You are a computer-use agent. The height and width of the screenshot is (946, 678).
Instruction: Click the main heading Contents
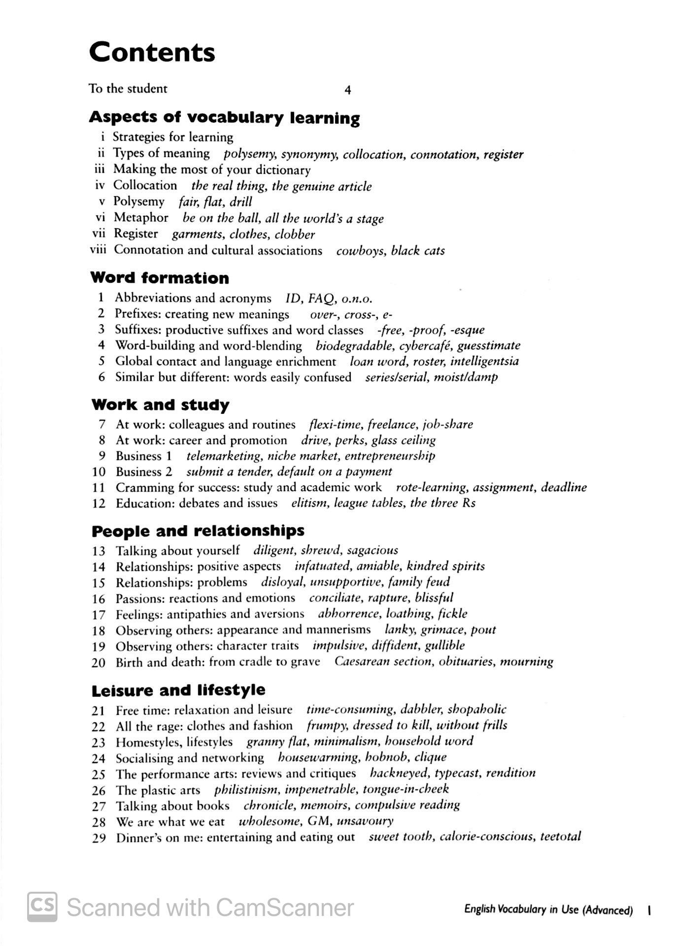click(152, 52)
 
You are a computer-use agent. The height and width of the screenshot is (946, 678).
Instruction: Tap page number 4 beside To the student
click(347, 90)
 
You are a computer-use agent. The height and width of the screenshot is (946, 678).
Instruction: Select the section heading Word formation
click(160, 278)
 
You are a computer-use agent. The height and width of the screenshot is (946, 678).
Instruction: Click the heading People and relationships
click(198, 531)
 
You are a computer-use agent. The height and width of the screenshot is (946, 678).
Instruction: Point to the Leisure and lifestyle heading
click(178, 690)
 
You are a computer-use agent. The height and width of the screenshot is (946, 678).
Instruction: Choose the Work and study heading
click(160, 405)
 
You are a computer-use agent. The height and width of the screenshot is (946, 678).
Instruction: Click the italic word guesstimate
click(488, 346)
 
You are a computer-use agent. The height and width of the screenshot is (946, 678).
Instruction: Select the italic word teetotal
click(561, 837)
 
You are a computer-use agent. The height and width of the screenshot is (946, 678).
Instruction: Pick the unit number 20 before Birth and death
click(99, 663)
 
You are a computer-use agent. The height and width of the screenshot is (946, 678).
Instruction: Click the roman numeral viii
click(98, 250)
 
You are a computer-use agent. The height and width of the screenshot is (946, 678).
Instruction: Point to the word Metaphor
click(141, 218)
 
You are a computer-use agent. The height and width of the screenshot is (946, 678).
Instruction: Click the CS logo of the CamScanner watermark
click(42, 907)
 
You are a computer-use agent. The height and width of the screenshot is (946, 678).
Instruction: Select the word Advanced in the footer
click(608, 910)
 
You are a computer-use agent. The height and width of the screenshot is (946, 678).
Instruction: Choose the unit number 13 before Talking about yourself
click(99, 551)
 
